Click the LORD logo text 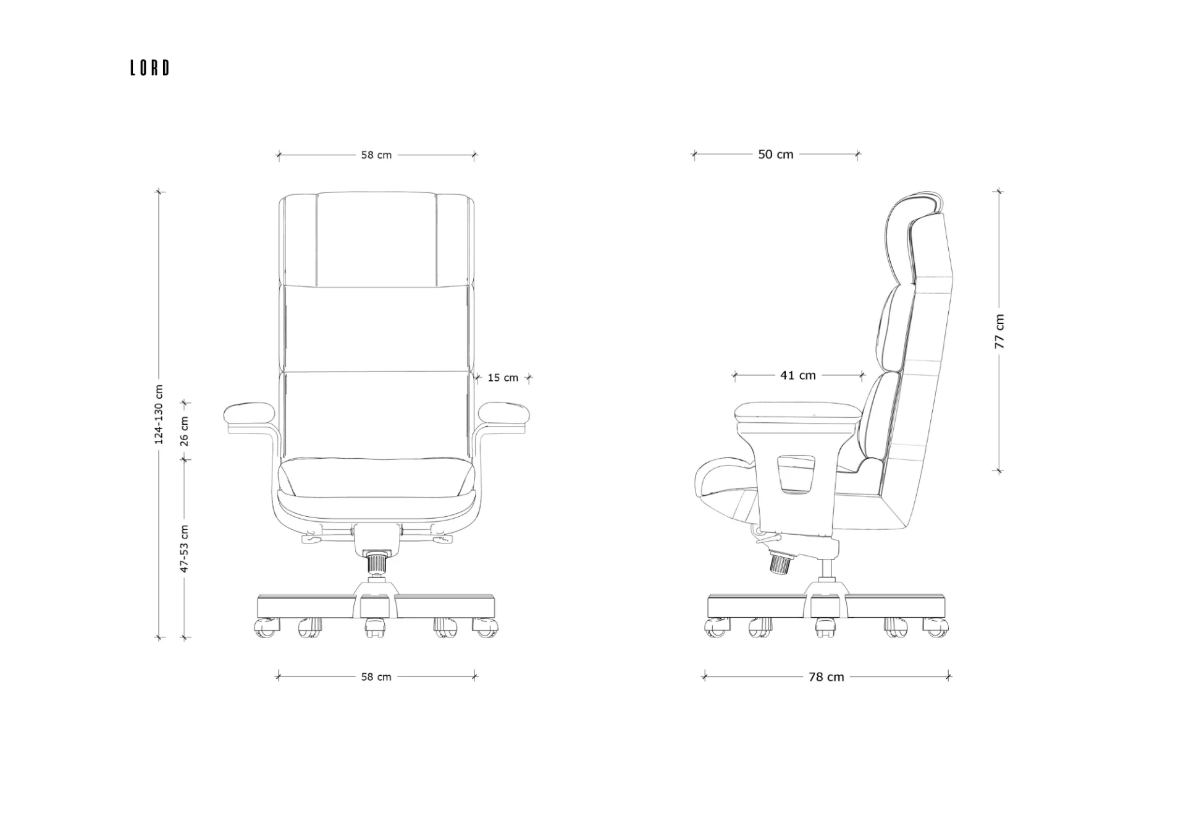coord(149,67)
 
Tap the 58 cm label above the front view coord(376,155)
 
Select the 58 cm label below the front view coord(376,677)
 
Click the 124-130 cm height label coord(159,414)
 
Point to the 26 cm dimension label coord(184,431)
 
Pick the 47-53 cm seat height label coord(184,549)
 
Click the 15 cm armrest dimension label coord(503,378)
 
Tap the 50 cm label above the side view coord(776,155)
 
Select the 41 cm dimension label coord(798,375)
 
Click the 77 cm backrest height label coord(999,331)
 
